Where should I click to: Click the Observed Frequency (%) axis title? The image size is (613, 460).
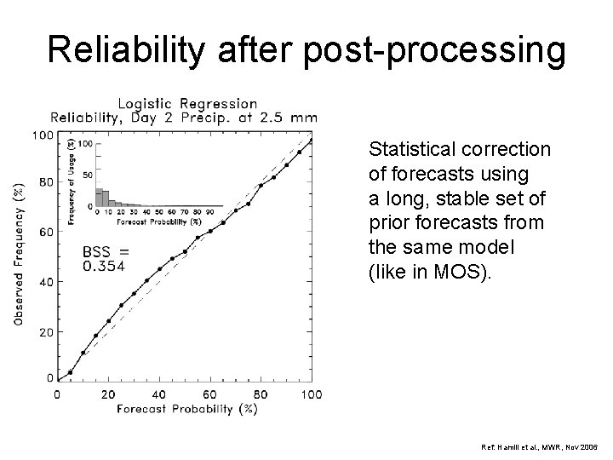(x=18, y=254)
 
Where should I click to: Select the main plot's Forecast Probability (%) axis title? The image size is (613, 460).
(x=186, y=409)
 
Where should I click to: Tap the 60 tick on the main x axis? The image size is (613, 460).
(x=210, y=394)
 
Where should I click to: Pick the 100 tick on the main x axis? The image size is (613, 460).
(x=312, y=394)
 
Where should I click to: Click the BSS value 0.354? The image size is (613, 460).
(x=104, y=267)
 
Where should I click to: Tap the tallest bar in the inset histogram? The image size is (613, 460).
(x=99, y=198)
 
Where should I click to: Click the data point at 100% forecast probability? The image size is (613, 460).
(x=312, y=141)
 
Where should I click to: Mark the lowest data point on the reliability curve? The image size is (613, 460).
(x=70, y=372)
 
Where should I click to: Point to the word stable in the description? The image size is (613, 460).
(x=461, y=198)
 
